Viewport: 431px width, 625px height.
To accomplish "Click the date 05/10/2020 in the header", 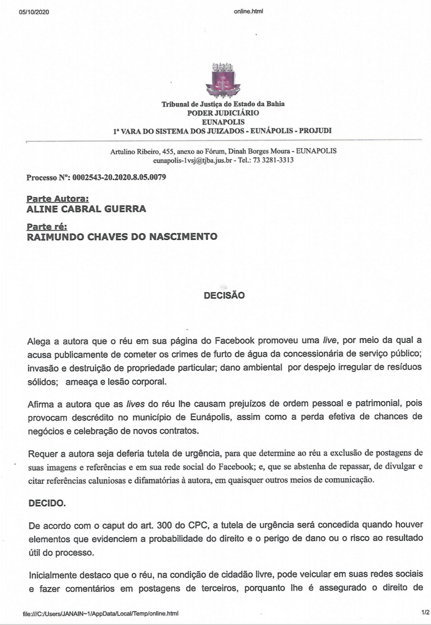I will coord(34,12).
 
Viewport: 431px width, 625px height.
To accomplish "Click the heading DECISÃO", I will coord(224,296).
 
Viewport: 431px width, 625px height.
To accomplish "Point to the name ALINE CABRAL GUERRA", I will coord(86,209).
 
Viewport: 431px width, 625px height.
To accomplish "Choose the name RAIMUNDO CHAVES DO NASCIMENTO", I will coord(122,237).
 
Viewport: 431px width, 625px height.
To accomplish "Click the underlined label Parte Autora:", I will coord(58,199).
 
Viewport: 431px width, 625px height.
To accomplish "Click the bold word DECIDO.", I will coord(47,503).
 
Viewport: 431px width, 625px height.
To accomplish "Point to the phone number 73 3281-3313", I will coord(273,160).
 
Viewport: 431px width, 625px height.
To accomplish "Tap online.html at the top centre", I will coord(248,11).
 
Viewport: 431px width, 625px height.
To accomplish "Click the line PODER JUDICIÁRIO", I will coord(223,113).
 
